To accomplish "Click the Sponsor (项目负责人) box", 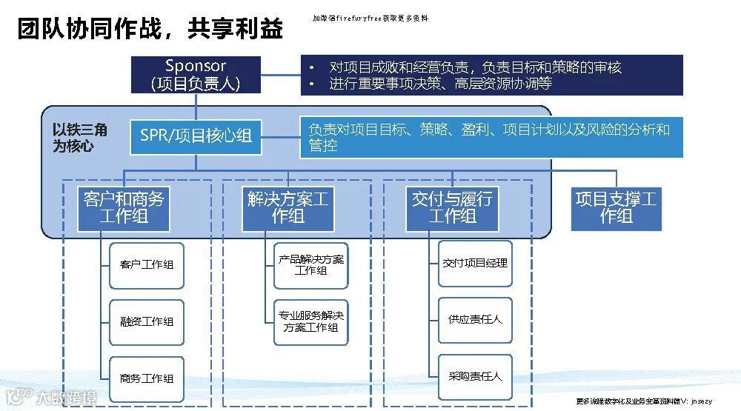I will click(x=195, y=75).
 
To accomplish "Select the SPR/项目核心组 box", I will click(x=196, y=136).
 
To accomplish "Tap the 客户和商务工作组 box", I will click(x=124, y=208).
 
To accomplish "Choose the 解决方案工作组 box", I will click(x=288, y=208).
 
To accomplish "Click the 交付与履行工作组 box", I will click(x=451, y=208).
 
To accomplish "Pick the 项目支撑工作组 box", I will click(x=616, y=208).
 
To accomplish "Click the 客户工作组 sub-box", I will click(x=147, y=264).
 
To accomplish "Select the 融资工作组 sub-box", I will click(x=147, y=321).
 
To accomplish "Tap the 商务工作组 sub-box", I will click(x=147, y=378).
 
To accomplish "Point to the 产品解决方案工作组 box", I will click(x=311, y=265).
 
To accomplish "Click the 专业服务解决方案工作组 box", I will click(x=311, y=321).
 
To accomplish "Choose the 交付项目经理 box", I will click(x=475, y=263).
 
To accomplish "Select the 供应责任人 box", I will click(x=475, y=319).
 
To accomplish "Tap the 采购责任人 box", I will click(x=475, y=376).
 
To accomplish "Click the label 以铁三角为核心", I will click(x=80, y=138).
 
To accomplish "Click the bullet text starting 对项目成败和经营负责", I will click(x=475, y=67).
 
